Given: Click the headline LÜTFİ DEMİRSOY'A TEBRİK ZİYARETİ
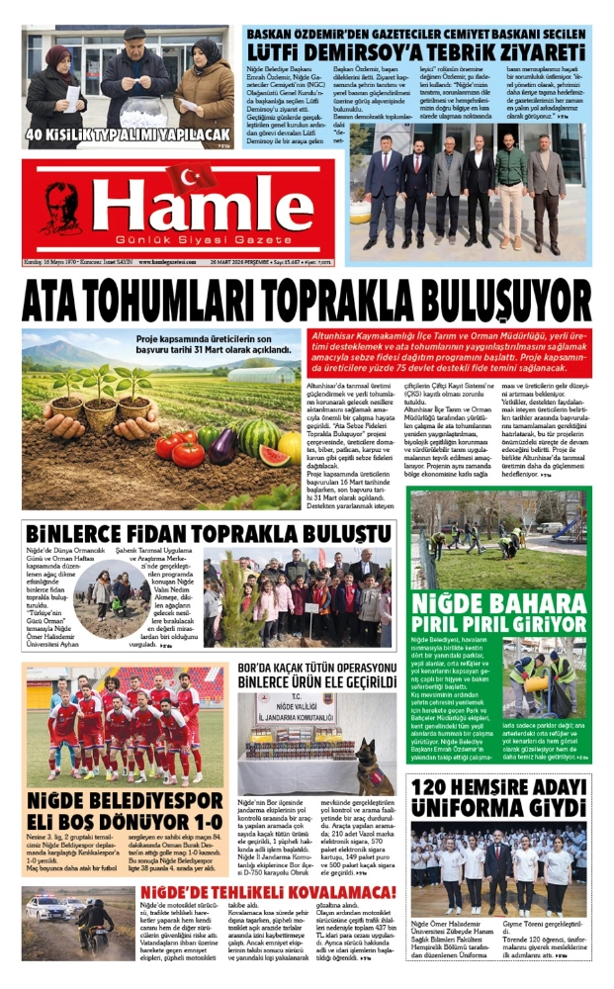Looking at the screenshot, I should coord(415,49).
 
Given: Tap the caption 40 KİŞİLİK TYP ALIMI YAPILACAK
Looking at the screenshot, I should coord(128,135).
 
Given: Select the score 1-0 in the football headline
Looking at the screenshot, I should coord(196,823).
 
